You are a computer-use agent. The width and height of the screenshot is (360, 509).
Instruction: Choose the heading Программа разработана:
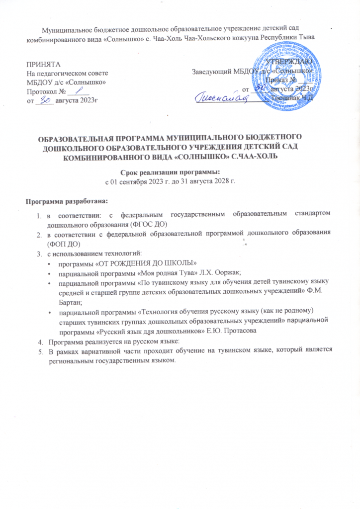66,201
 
